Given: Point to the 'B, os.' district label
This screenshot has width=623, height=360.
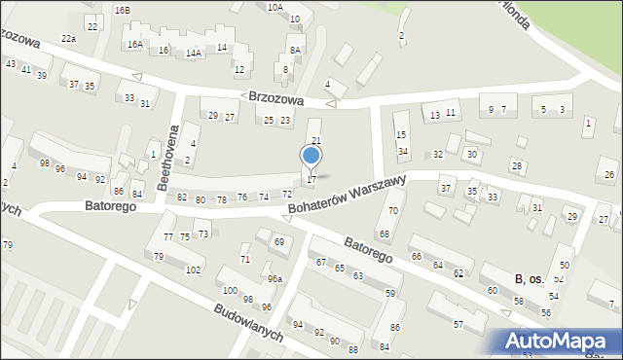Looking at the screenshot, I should pos(530,279).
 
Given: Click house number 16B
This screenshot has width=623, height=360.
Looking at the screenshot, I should pos(122,10).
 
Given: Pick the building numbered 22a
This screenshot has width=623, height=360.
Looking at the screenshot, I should pos(68,38).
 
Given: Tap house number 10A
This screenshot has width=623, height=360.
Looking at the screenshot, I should pos(275,7).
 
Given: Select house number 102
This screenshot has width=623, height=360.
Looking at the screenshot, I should pos(194,270).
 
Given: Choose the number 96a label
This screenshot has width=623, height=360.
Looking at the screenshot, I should pos(275,279).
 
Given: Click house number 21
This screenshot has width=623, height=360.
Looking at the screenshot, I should pos(316,141).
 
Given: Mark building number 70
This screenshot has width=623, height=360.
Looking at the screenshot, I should pos(393,210).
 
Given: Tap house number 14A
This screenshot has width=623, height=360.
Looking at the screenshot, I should pos(194,53).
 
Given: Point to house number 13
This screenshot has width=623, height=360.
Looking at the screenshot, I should pos(434,115).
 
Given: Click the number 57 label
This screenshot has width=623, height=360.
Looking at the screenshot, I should pos(458,324).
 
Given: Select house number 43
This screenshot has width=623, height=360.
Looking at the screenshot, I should pos(11,63).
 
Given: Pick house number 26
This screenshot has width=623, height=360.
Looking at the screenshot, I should pos(609,174).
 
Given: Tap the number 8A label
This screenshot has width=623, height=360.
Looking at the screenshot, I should pos(295,50).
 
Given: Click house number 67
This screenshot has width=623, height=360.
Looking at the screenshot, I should pos(321,263).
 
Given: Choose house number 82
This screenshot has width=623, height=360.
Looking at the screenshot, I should pos(182,198).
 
